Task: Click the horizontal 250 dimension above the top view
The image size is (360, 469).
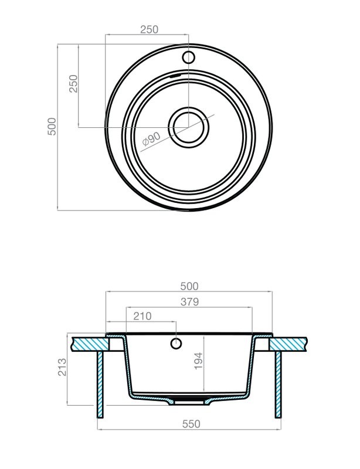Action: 149,29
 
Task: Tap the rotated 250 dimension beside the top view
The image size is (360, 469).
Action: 73,84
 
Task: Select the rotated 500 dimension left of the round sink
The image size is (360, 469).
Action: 52,127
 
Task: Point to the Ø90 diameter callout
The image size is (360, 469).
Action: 151,139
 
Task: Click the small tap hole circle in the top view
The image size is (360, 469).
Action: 189,57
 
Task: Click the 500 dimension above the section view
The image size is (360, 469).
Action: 189,286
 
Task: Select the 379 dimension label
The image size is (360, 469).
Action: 190,302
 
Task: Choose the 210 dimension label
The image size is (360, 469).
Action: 142,316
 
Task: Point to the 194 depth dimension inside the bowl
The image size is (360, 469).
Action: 198,361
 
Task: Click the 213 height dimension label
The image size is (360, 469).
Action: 62,367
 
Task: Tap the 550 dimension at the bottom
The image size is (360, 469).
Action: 191,424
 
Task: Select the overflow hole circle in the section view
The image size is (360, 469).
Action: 176,344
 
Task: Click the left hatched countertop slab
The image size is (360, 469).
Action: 90,344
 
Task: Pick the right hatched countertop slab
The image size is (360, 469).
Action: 289,344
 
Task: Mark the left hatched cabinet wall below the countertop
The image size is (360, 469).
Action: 100,385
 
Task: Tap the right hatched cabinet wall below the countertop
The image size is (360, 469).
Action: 279,385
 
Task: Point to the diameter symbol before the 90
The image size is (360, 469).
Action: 145,141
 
